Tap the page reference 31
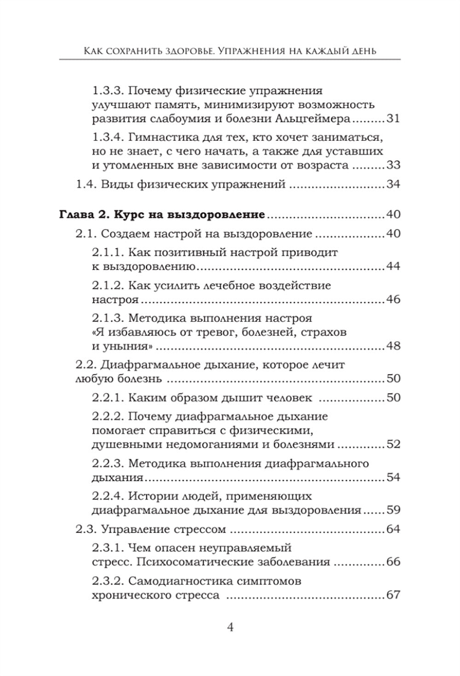click(x=393, y=119)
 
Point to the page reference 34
click(x=393, y=185)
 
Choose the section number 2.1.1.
click(x=107, y=252)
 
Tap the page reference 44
click(x=393, y=266)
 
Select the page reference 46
click(x=393, y=300)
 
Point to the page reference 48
click(x=393, y=346)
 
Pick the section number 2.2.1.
click(x=107, y=397)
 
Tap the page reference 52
click(x=393, y=445)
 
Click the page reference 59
click(x=393, y=510)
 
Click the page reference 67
click(x=393, y=595)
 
